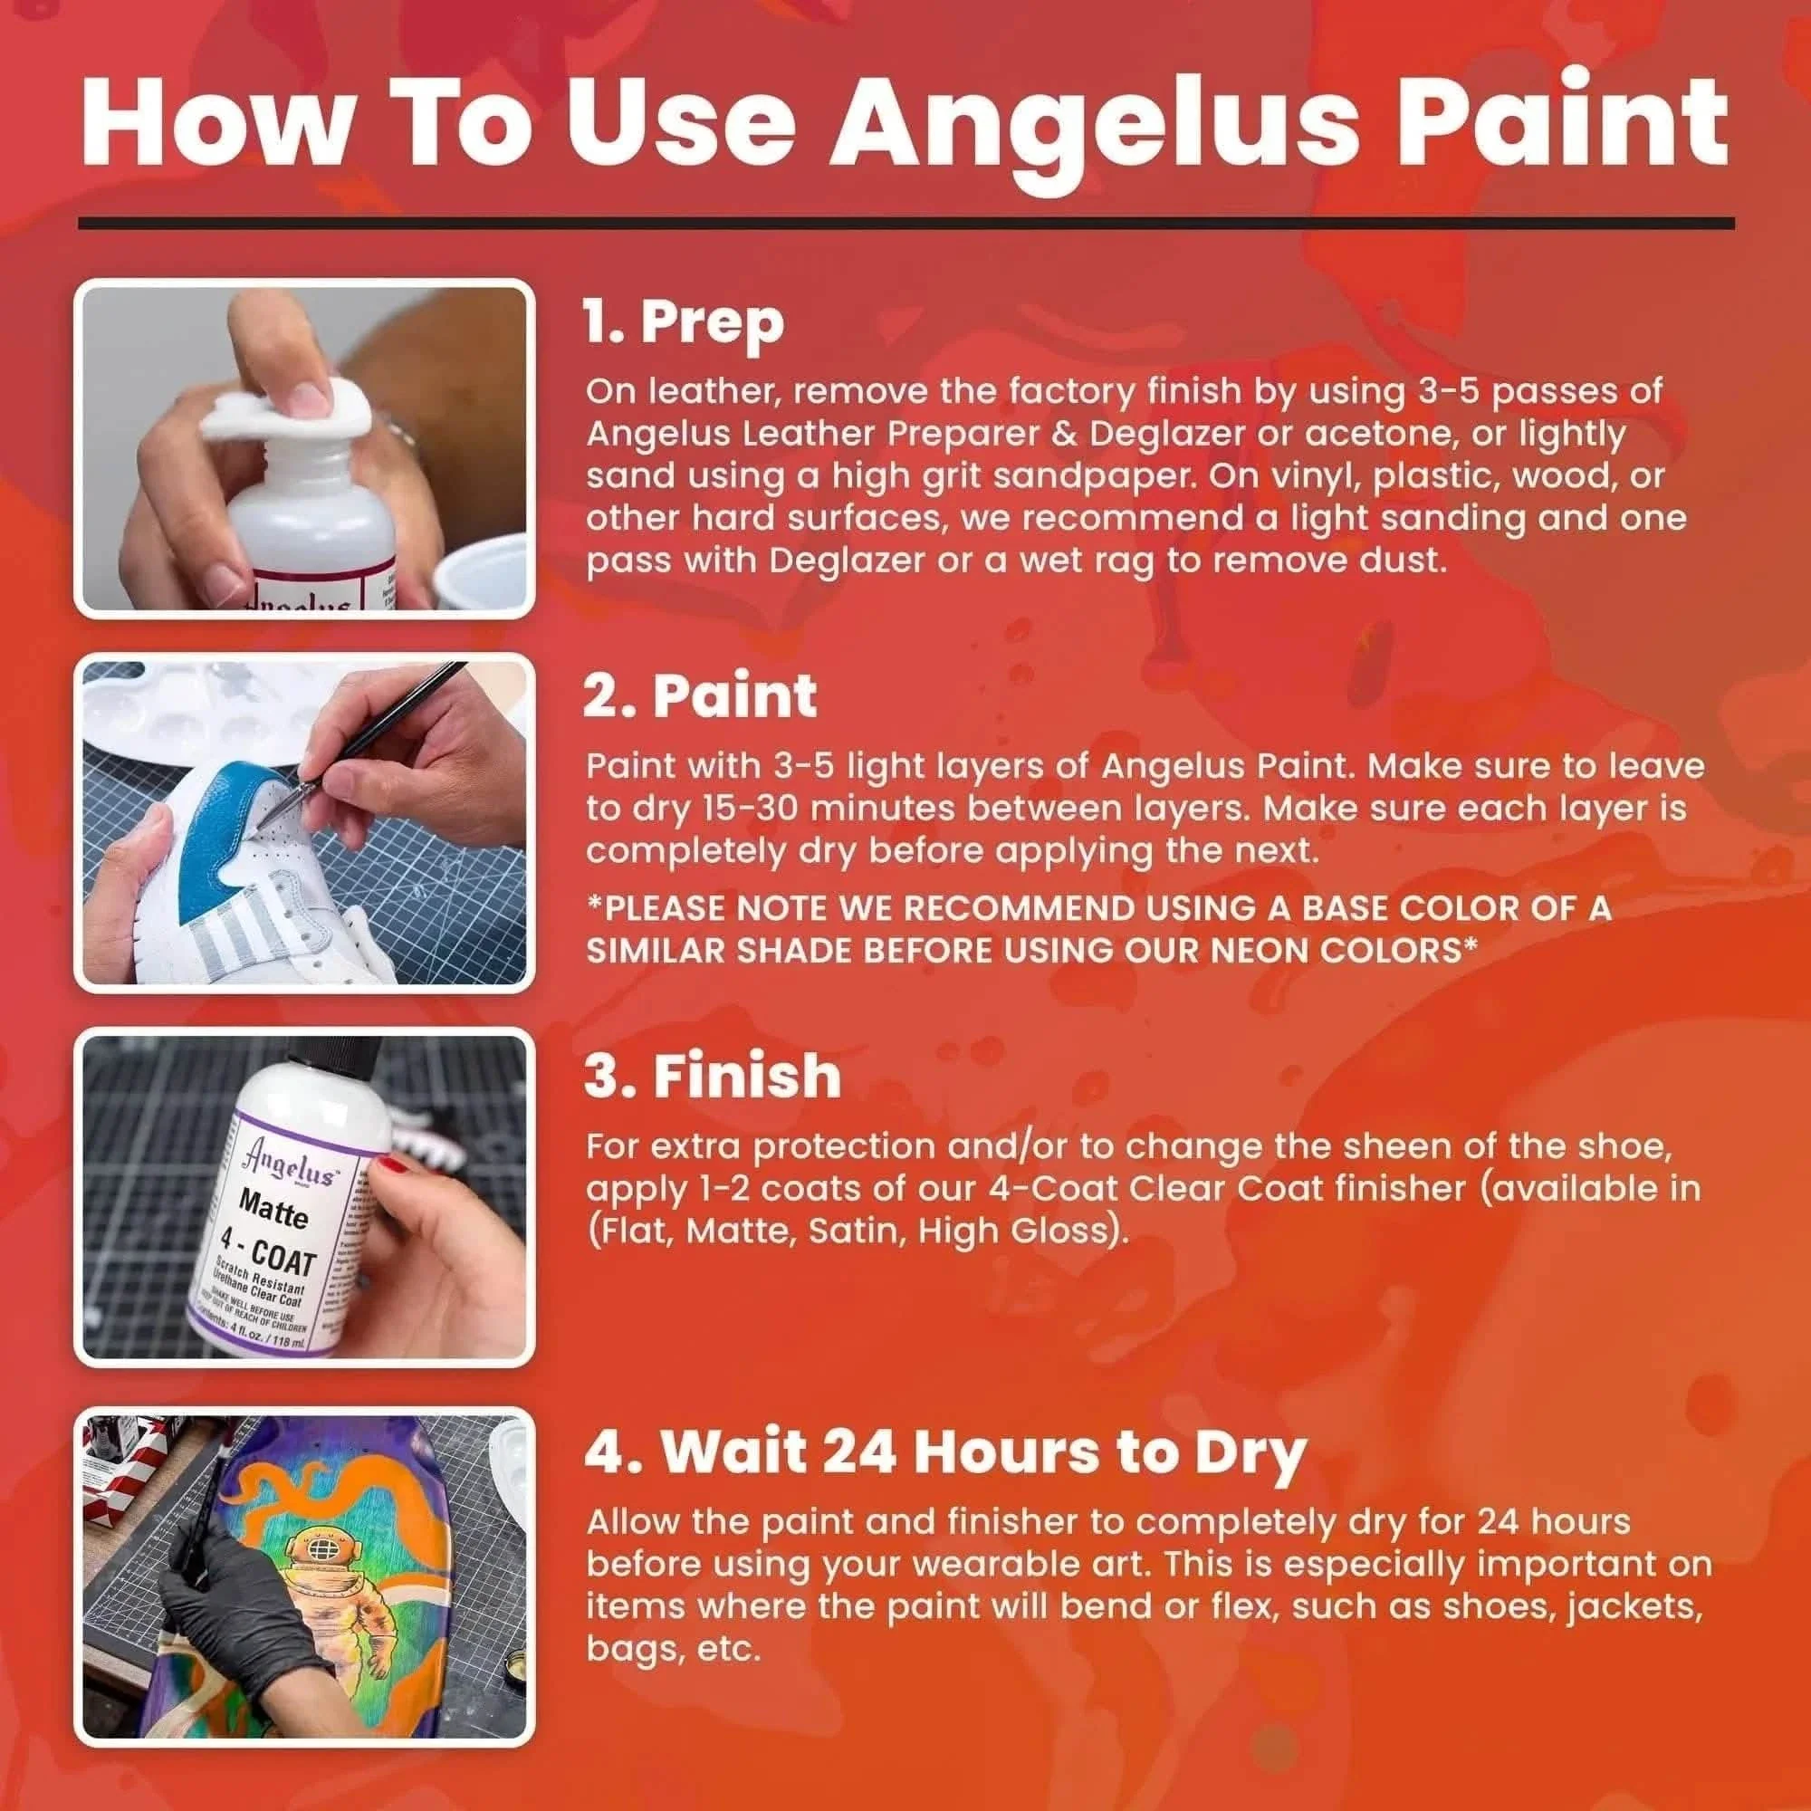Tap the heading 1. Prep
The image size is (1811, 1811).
coord(684,322)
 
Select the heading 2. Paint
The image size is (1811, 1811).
coord(699,695)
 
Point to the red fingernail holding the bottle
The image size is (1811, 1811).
coord(392,1165)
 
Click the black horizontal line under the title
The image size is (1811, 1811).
coord(905,223)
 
